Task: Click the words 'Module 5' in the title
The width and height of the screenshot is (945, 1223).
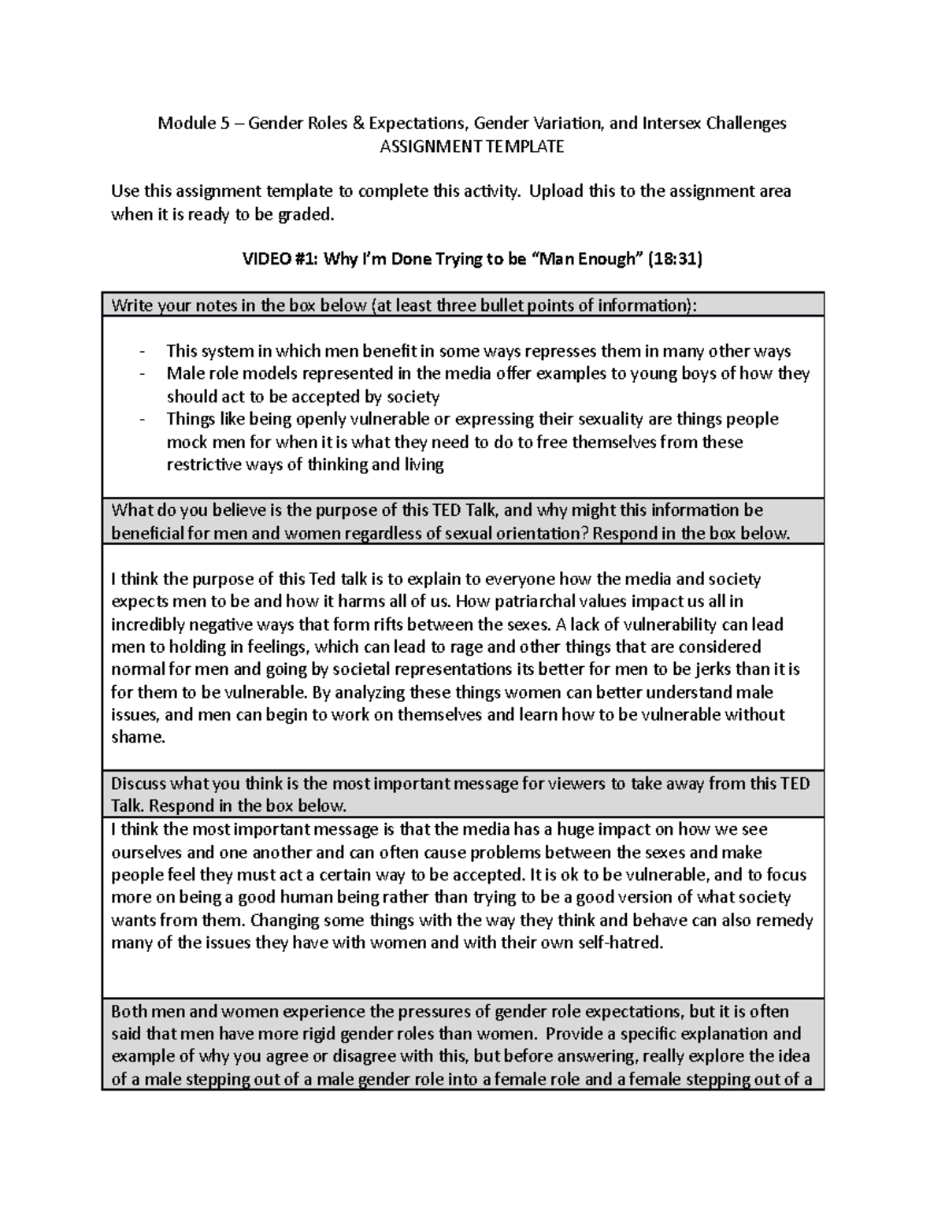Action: (187, 124)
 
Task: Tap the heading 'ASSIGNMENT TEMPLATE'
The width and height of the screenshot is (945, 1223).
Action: (472, 146)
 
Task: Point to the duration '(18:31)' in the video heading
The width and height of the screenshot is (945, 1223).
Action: (674, 259)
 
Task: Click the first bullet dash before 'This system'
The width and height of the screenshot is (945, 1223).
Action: (142, 352)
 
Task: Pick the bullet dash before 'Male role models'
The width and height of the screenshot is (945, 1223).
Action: (142, 374)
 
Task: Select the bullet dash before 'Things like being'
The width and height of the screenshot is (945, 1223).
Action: (142, 420)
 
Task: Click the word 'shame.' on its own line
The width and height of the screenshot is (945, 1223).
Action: (139, 738)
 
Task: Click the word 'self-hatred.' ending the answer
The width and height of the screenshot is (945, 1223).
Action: (619, 943)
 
